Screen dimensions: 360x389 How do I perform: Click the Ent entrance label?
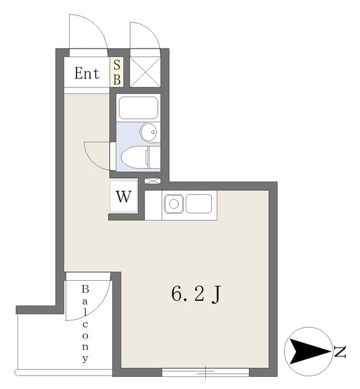[x=87, y=73]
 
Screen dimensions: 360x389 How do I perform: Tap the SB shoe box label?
[x=117, y=72]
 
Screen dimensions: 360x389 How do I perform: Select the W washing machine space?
[x=124, y=196]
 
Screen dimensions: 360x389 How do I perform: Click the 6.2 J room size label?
[x=195, y=294]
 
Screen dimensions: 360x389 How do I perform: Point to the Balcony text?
[x=85, y=324]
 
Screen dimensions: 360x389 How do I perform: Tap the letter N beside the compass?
[x=340, y=351]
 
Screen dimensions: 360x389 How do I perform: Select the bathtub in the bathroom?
[x=138, y=108]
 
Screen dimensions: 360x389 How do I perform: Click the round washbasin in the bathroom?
[x=148, y=133]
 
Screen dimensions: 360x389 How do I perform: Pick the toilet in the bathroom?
[x=140, y=157]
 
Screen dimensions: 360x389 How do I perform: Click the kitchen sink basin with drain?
[x=174, y=204]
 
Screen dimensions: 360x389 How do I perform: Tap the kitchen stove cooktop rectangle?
[x=199, y=204]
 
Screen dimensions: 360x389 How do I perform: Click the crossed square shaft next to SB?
[x=145, y=72]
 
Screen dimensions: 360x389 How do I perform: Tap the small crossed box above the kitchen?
[x=152, y=181]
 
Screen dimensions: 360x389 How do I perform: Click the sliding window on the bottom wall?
[x=205, y=373]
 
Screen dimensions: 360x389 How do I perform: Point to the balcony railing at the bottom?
[x=63, y=372]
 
